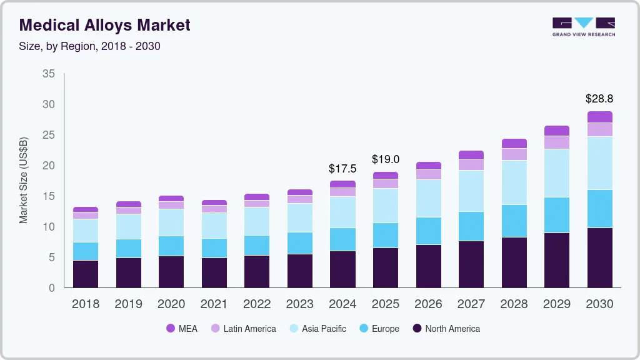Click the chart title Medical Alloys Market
[105, 25]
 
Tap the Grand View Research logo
[583, 27]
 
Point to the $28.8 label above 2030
[599, 99]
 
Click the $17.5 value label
[342, 169]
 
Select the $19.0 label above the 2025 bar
[385, 159]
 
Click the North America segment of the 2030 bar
[599, 257]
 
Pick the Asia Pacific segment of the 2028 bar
[514, 182]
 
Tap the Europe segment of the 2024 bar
[342, 239]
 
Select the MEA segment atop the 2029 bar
[556, 131]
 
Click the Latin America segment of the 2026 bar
[428, 174]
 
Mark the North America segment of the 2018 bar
[86, 274]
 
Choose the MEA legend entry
[182, 329]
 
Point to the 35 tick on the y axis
[49, 74]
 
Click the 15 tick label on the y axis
[49, 196]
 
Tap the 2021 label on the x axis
[214, 304]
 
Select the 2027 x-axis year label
[471, 304]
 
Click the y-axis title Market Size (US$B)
[23, 180]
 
